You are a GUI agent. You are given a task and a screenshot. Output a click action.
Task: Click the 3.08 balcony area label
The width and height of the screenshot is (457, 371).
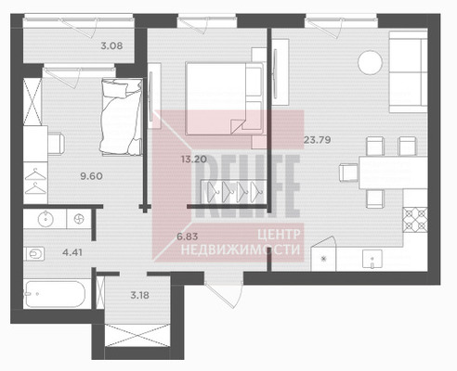pyautogui.click(x=111, y=46)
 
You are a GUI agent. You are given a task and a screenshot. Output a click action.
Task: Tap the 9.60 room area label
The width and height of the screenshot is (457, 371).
pyautogui.click(x=91, y=176)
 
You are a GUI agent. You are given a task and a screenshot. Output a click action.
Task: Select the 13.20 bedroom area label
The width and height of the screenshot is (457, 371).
pyautogui.click(x=194, y=160)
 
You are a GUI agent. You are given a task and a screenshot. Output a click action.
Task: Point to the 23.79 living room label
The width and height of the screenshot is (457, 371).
pyautogui.click(x=317, y=140)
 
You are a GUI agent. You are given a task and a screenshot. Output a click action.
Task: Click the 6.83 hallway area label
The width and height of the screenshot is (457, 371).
pyautogui.click(x=187, y=237)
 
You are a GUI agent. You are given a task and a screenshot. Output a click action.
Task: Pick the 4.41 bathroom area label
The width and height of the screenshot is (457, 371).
pyautogui.click(x=72, y=252)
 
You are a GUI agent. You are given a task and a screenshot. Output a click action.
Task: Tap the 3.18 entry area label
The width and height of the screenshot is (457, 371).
pyautogui.click(x=139, y=295)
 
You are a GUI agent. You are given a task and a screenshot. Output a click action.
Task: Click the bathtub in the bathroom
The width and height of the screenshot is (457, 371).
pyautogui.click(x=55, y=294)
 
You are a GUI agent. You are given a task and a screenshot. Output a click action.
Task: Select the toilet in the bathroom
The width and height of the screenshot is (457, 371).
pyautogui.click(x=33, y=254)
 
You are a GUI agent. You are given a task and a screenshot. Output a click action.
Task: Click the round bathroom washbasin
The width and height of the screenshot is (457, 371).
pyautogui.click(x=46, y=219)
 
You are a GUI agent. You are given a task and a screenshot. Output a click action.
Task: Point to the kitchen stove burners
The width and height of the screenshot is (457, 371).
pyautogui.click(x=415, y=220)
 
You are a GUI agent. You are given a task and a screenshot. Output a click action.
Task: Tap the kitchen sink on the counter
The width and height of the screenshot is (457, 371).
pyautogui.click(x=372, y=259)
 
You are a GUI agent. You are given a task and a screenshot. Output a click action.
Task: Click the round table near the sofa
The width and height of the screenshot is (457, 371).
pyautogui.click(x=370, y=62)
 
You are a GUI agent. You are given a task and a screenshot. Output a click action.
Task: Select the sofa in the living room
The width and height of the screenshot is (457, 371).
pyautogui.click(x=408, y=71)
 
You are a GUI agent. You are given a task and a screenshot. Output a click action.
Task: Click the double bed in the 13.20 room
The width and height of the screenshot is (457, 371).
pyautogui.click(x=224, y=98)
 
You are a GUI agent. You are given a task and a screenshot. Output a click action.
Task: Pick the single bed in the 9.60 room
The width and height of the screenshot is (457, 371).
pyautogui.click(x=122, y=116)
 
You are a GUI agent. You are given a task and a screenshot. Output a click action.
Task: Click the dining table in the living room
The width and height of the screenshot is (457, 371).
pyautogui.click(x=393, y=173)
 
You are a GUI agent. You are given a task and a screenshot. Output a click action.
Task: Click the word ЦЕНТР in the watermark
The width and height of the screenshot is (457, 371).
pyautogui.click(x=279, y=235)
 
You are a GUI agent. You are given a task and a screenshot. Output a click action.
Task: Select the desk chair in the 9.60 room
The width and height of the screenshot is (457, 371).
pyautogui.click(x=57, y=144)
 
